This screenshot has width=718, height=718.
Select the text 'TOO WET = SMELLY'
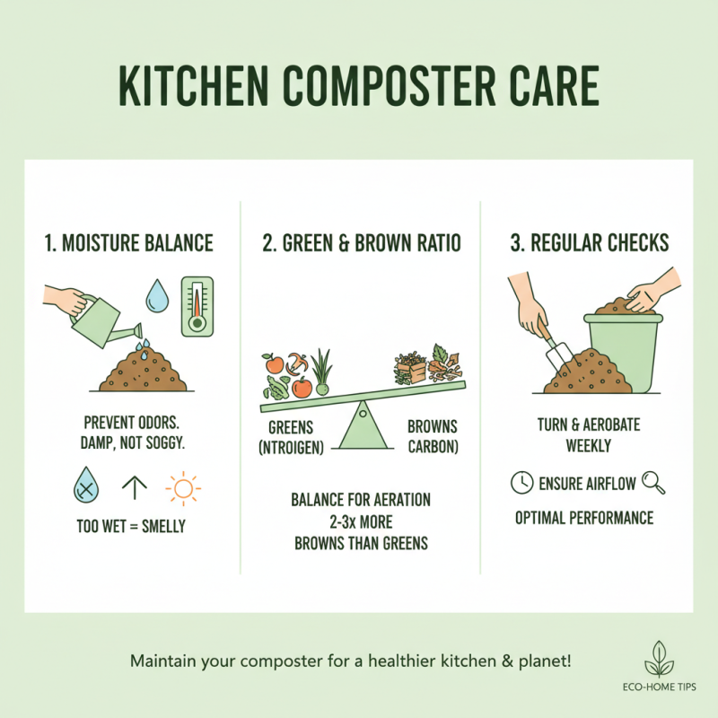132,527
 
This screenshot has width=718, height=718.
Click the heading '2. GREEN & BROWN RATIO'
361,242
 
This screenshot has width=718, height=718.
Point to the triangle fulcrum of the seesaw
361,427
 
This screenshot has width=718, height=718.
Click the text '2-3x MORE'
361,520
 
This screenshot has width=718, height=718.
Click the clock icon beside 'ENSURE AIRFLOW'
521,484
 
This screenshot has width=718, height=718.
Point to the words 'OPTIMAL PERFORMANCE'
584,518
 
